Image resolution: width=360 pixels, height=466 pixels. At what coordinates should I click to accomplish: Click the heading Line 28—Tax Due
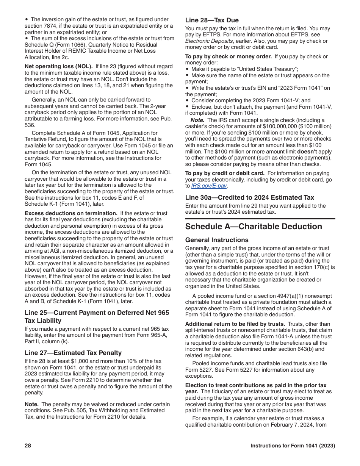click(x=212, y=20)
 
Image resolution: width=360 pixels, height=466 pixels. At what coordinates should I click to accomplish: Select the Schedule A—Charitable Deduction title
click(x=254, y=227)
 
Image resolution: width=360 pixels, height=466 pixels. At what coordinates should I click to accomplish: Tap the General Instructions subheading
click(x=217, y=240)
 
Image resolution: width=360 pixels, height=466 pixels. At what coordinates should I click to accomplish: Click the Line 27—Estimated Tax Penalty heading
click(x=73, y=353)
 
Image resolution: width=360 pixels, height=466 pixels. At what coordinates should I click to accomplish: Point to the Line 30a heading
click(x=249, y=197)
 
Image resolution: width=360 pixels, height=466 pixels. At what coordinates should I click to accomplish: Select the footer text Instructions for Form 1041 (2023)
click(x=293, y=446)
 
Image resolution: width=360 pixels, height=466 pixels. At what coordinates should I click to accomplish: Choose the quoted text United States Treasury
click(x=265, y=69)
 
